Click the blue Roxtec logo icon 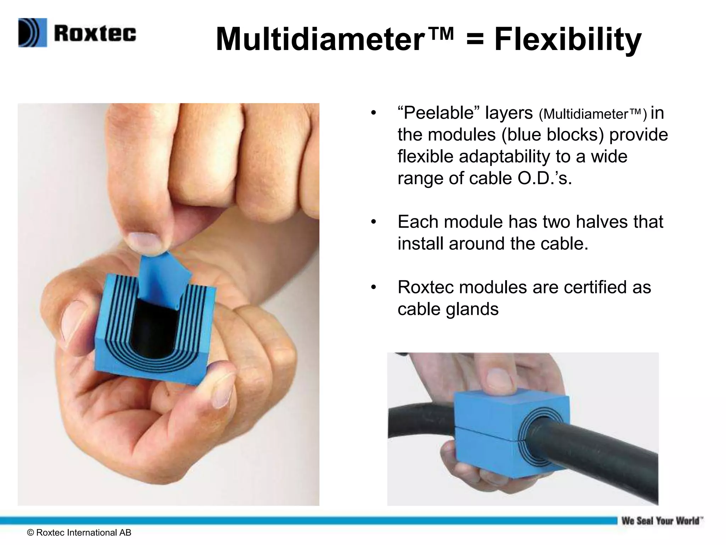pos(33,33)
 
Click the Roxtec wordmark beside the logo pos(95,34)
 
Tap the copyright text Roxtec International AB pos(79,533)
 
